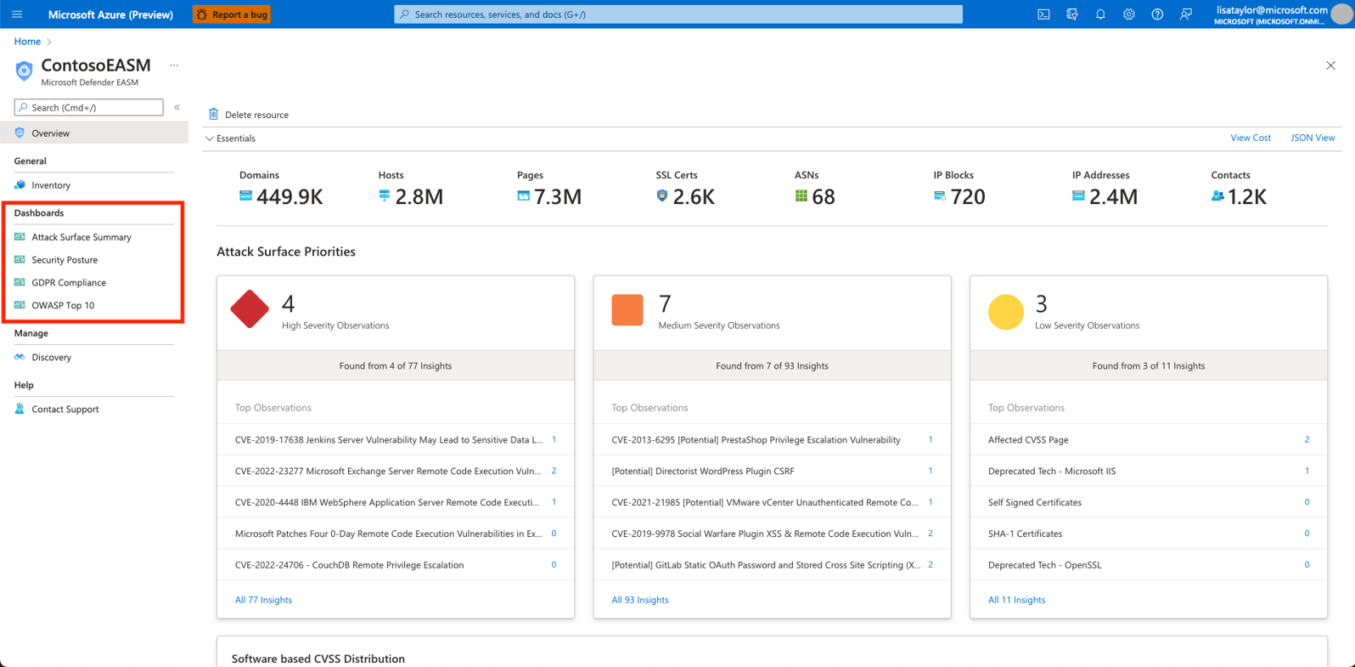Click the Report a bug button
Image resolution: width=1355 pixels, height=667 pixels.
pyautogui.click(x=232, y=14)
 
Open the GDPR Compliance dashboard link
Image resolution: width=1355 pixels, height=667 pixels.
pyautogui.click(x=69, y=283)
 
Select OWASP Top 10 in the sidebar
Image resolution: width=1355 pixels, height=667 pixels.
pyautogui.click(x=63, y=306)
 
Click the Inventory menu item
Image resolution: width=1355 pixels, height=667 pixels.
pyautogui.click(x=51, y=185)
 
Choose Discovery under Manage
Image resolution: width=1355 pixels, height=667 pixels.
pyautogui.click(x=51, y=358)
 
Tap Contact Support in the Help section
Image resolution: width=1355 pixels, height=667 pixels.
pyautogui.click(x=65, y=410)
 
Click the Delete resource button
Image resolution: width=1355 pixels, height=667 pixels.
pyautogui.click(x=249, y=115)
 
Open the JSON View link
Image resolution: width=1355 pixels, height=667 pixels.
pyautogui.click(x=1312, y=138)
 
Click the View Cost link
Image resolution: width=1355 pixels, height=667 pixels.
pyautogui.click(x=1250, y=138)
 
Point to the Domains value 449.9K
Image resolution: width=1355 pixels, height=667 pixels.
pyautogui.click(x=290, y=197)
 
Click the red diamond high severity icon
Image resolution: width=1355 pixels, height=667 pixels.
pyautogui.click(x=250, y=309)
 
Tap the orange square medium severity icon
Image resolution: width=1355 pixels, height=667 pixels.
pyautogui.click(x=627, y=310)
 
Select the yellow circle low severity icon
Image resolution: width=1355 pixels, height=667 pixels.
pyautogui.click(x=1005, y=312)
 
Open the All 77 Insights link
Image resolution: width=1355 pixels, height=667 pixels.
pyautogui.click(x=263, y=600)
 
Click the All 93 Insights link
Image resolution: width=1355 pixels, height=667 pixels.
pyautogui.click(x=640, y=600)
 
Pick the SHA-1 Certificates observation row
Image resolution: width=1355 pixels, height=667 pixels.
pyautogui.click(x=1025, y=534)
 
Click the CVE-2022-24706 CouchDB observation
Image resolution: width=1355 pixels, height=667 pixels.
pyautogui.click(x=349, y=565)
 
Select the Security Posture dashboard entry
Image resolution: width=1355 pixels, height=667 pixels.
pyautogui.click(x=65, y=260)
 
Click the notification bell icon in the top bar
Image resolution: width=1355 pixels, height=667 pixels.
pyautogui.click(x=1100, y=14)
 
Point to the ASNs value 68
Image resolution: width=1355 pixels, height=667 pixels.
pyautogui.click(x=824, y=197)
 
